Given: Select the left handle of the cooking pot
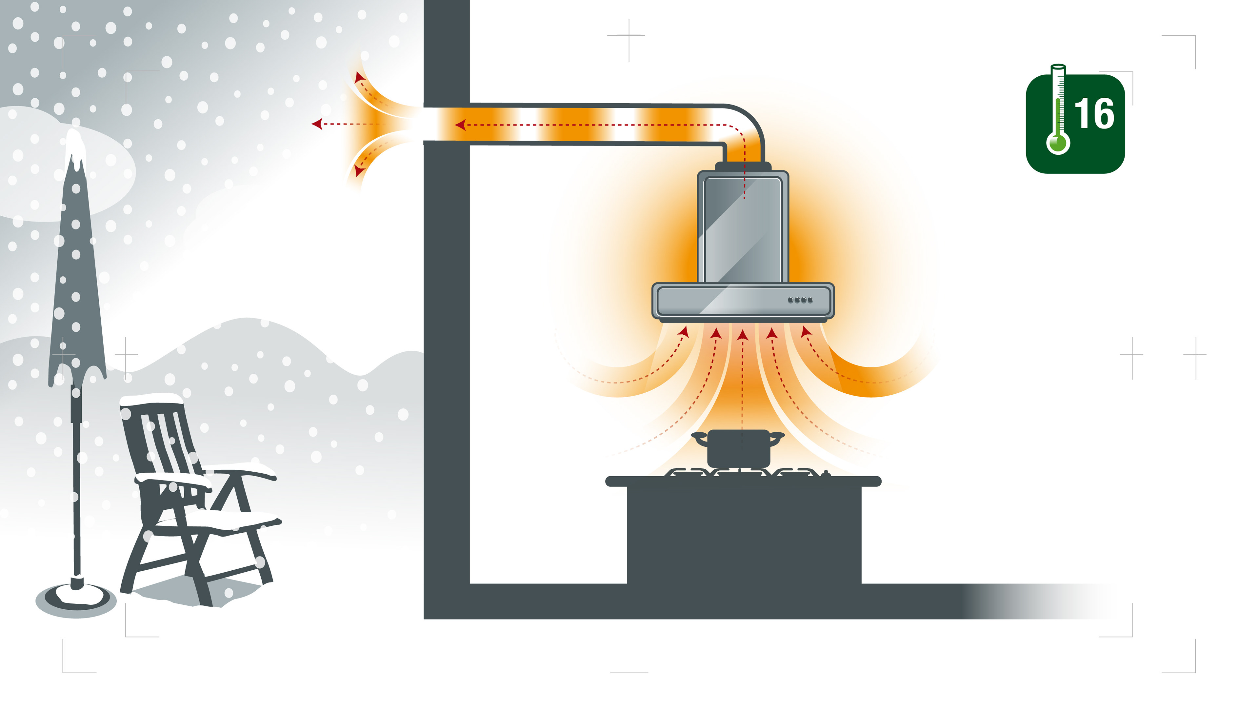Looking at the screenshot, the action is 699,438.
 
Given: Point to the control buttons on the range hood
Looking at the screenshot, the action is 800,300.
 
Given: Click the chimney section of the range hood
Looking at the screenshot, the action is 742,227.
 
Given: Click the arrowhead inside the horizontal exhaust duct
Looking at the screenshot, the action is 460,125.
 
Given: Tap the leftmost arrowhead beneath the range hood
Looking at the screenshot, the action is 684,333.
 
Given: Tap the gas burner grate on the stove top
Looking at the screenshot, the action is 743,472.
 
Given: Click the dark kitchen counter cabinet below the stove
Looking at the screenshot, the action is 743,538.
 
